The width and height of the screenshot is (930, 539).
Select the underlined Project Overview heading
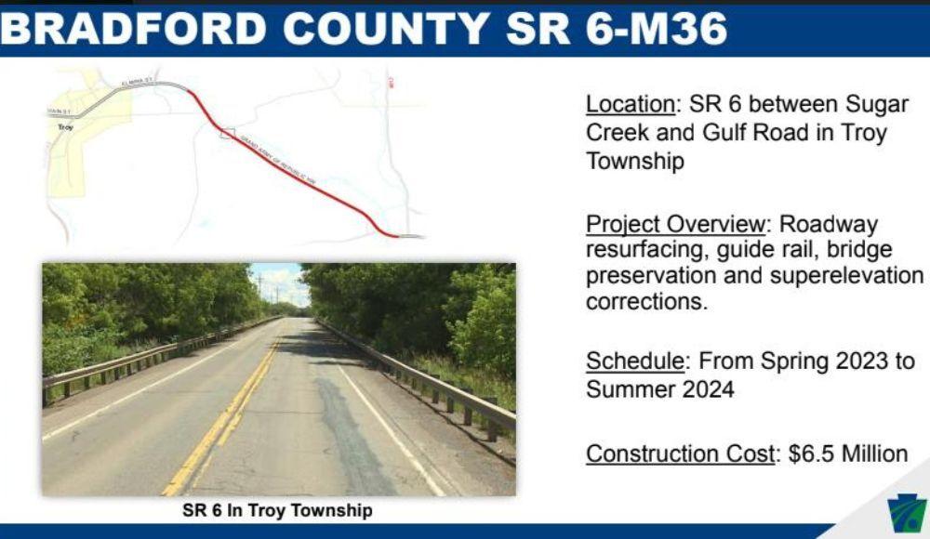pyautogui.click(x=675, y=225)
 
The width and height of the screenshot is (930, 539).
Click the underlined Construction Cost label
pyautogui.click(x=680, y=454)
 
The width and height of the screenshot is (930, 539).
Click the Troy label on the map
pyautogui.click(x=65, y=126)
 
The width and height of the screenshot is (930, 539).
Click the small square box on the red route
pyautogui.click(x=226, y=133)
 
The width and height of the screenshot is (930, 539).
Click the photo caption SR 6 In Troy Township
pyautogui.click(x=277, y=510)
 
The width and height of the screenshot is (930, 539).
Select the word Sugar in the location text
pyautogui.click(x=878, y=104)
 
